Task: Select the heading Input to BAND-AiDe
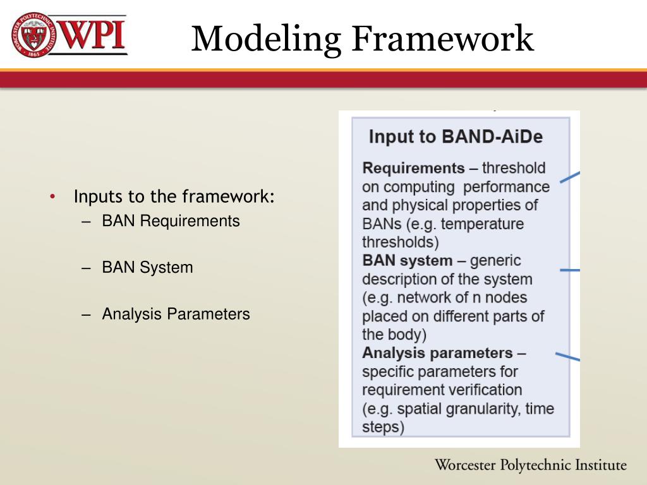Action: click(x=456, y=137)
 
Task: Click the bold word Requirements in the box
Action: click(x=413, y=168)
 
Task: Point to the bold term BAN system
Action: click(x=407, y=260)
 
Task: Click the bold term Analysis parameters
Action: click(x=437, y=352)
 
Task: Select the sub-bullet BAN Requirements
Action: click(x=171, y=221)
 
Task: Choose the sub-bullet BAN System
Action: click(x=147, y=267)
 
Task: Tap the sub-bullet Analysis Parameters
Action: click(x=176, y=314)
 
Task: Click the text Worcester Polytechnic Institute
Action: click(x=530, y=466)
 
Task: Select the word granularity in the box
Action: click(x=483, y=408)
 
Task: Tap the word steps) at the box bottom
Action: click(x=383, y=426)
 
